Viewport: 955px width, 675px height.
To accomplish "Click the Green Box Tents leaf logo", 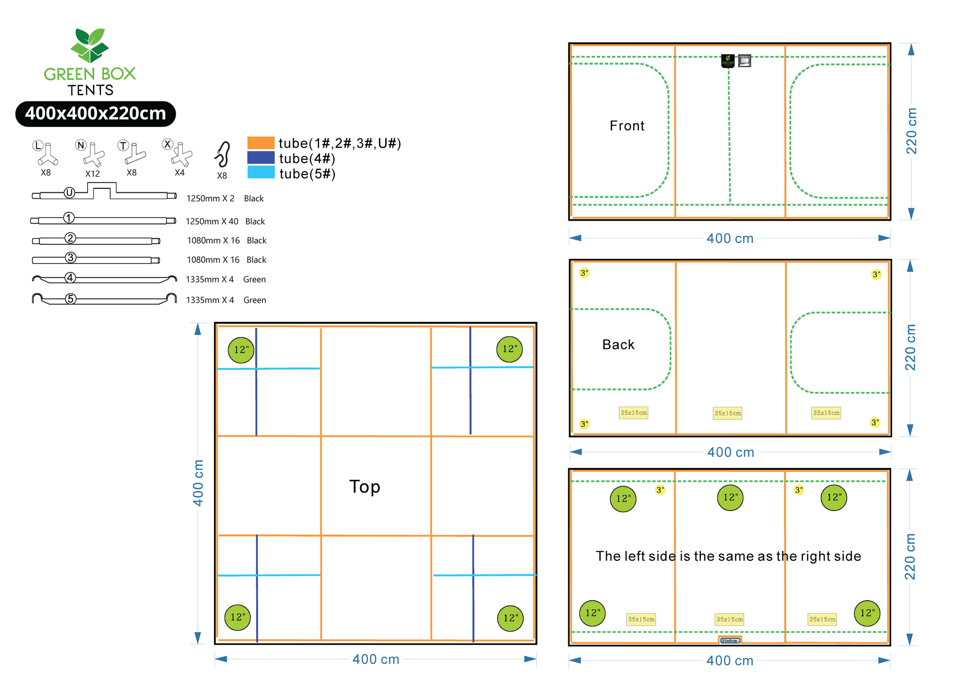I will tap(89, 45).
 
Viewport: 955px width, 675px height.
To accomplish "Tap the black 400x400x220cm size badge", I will tap(96, 114).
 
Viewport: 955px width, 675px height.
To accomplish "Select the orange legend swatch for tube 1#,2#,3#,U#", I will tap(261, 143).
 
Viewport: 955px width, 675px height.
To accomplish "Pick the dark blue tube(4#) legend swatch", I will tap(261, 158).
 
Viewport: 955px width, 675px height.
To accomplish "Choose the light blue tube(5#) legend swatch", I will tap(261, 173).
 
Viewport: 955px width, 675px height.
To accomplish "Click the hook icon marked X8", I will tap(223, 155).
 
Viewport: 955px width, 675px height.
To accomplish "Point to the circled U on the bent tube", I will tap(69, 193).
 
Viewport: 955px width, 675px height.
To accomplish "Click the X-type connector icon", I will tap(181, 155).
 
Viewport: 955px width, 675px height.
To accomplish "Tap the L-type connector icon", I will tap(47, 154).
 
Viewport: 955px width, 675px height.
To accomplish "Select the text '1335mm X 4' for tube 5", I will tap(210, 300).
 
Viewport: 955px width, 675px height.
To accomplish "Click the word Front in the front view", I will tap(627, 126).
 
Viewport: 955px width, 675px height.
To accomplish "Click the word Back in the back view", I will tap(618, 345).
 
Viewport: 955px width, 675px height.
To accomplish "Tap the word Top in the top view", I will tap(365, 487).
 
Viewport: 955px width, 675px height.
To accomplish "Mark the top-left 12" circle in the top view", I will tap(241, 350).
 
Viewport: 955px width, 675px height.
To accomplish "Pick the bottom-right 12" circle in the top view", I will tap(510, 618).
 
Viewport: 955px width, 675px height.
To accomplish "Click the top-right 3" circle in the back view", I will tap(876, 275).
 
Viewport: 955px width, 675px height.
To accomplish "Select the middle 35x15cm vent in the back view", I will tap(727, 414).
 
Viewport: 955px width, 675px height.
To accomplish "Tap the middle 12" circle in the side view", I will tap(730, 497).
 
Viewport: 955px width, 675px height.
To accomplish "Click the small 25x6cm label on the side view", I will tap(730, 641).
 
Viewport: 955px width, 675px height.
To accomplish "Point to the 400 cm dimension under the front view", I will tap(730, 239).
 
